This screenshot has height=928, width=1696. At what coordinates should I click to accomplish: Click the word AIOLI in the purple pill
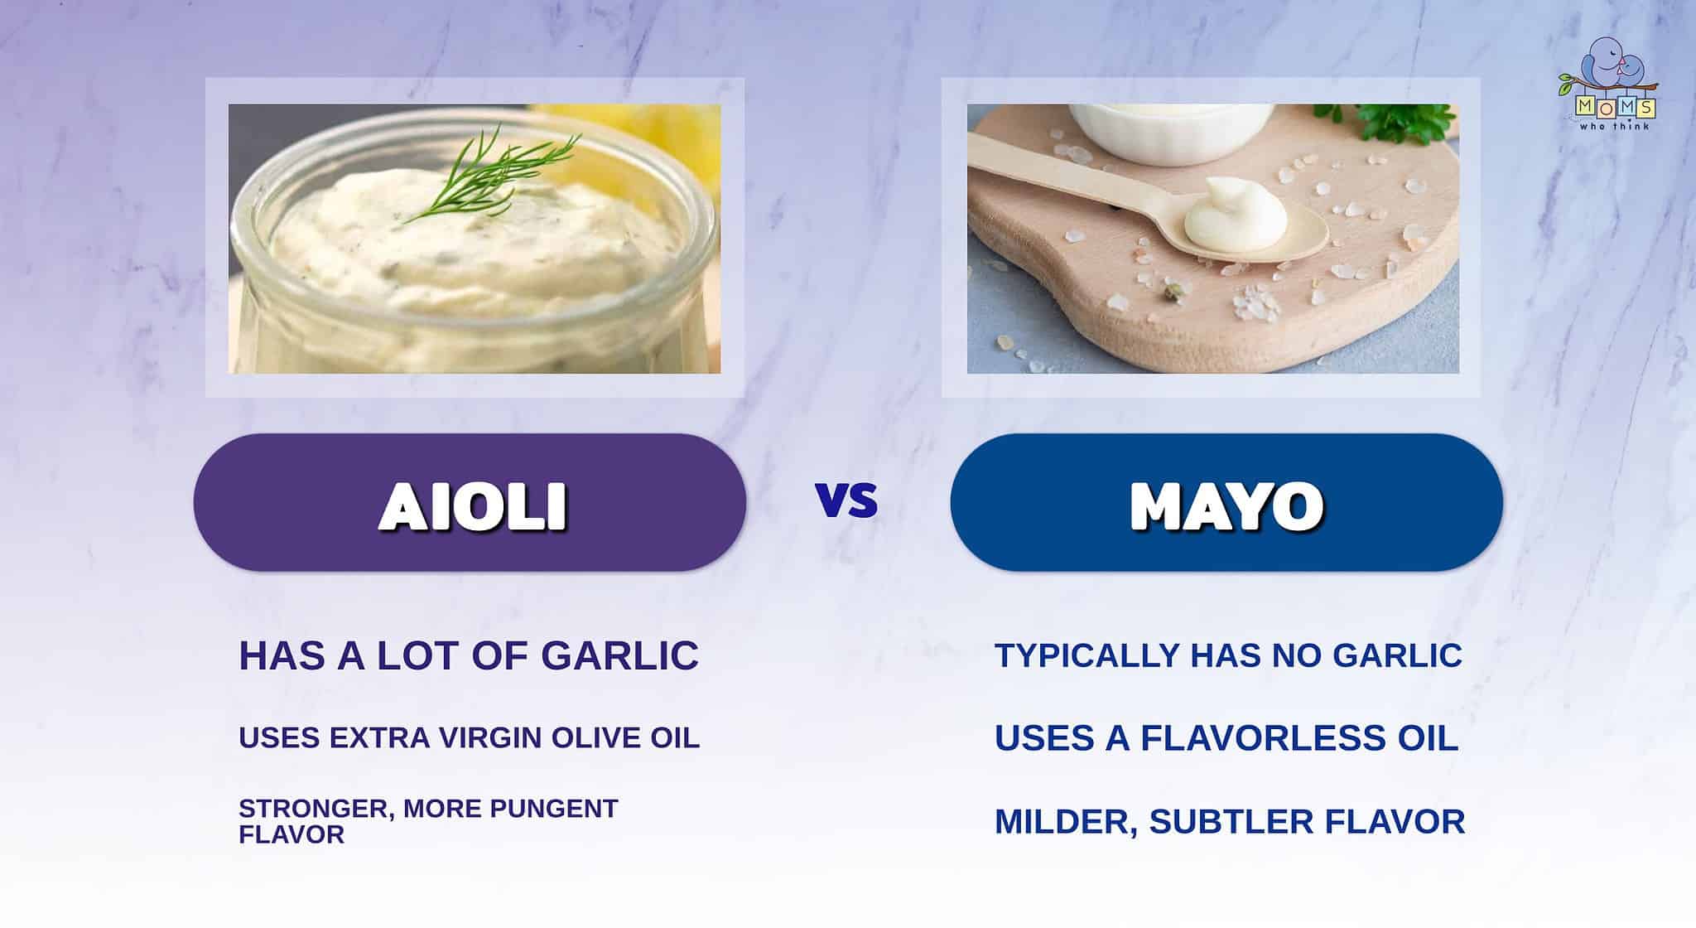coord(473,505)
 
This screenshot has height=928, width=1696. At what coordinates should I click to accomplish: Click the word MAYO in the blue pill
coord(1226,505)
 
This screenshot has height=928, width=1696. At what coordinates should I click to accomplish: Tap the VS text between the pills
coord(846,500)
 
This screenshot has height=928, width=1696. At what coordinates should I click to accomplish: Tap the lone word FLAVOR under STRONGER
coord(291,834)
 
